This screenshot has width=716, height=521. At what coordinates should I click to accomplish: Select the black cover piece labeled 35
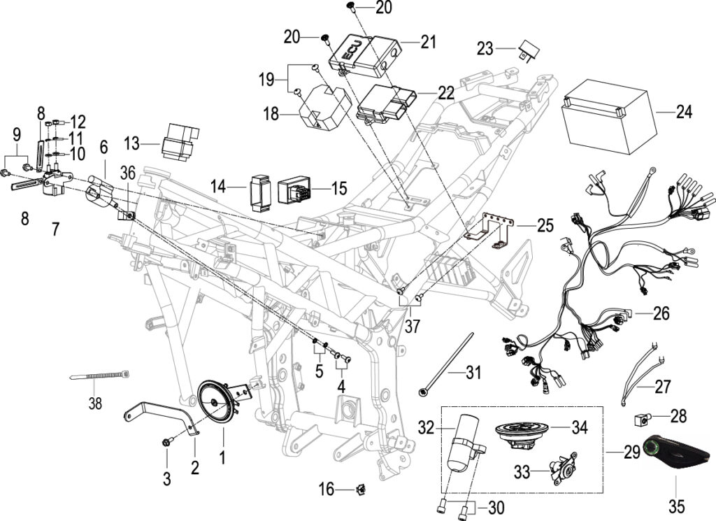(x=677, y=452)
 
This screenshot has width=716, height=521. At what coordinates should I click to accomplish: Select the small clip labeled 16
(x=361, y=490)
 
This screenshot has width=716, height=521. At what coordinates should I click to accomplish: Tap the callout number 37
(x=412, y=326)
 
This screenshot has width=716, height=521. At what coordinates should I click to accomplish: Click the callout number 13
(x=132, y=143)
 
